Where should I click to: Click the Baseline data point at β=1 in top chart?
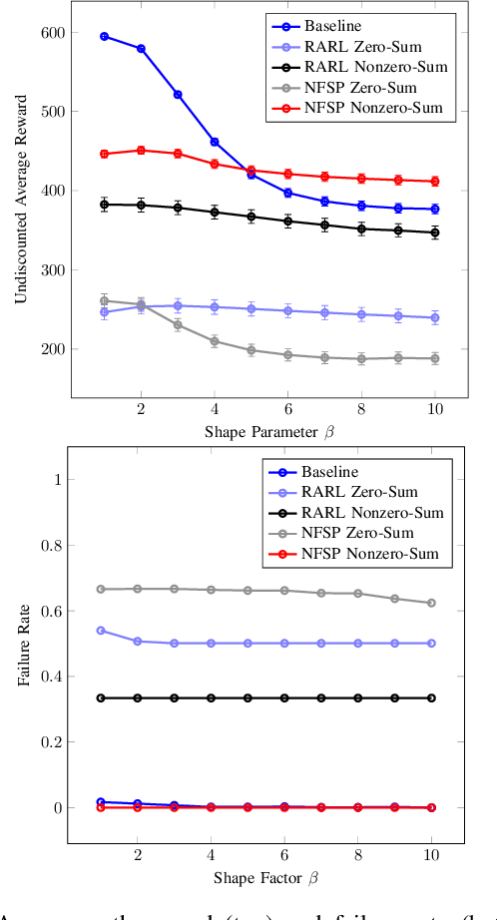tap(104, 36)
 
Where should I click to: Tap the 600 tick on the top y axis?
tap(52, 33)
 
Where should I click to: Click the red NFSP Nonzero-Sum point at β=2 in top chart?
tap(141, 151)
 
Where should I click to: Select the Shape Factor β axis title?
tap(266, 877)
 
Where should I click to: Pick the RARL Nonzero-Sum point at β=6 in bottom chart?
tap(285, 698)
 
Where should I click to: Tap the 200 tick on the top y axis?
tap(52, 349)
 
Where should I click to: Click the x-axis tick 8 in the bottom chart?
tap(358, 854)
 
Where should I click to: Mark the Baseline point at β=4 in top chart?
tap(214, 142)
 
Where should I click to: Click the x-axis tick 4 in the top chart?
tap(214, 410)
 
